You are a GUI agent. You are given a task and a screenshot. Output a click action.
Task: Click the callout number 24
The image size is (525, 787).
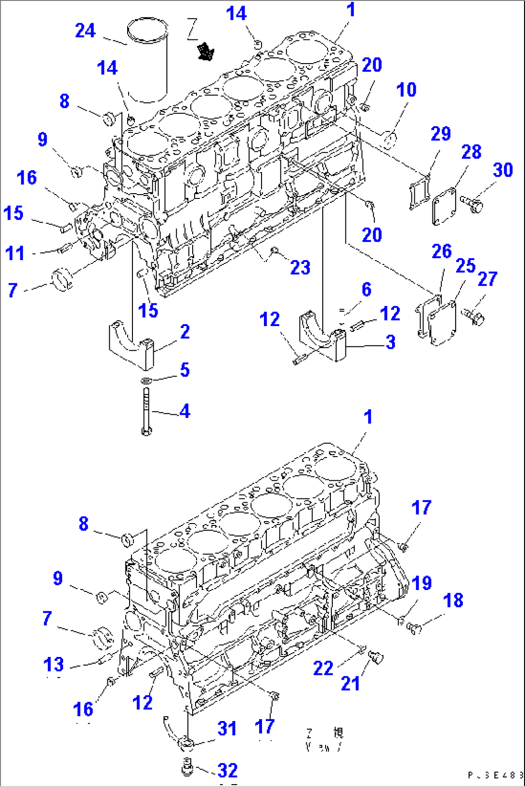click(85, 31)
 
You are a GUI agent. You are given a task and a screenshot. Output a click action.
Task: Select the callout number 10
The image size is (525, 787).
click(406, 90)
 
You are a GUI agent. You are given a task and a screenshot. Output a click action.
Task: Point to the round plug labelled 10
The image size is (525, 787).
click(390, 140)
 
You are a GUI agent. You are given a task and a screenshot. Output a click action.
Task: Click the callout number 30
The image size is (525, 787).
click(502, 170)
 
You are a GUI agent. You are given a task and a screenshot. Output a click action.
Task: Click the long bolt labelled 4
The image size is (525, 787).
click(146, 411)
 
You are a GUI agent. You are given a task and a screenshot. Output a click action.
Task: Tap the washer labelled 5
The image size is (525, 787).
click(146, 381)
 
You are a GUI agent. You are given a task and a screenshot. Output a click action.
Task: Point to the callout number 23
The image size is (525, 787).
click(300, 268)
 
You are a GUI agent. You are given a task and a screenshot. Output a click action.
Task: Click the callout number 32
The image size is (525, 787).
click(227, 771)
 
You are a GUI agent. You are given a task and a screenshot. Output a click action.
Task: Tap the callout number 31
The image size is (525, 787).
click(226, 729)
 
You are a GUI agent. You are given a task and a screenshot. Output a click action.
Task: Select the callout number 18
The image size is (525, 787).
click(453, 601)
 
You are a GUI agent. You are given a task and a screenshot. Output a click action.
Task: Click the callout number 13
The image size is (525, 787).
click(53, 665)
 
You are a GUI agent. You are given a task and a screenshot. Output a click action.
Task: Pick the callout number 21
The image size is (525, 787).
click(350, 683)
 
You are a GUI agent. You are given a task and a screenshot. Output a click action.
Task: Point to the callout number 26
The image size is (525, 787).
click(441, 251)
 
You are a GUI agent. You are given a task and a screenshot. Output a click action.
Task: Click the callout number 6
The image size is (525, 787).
click(367, 289)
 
